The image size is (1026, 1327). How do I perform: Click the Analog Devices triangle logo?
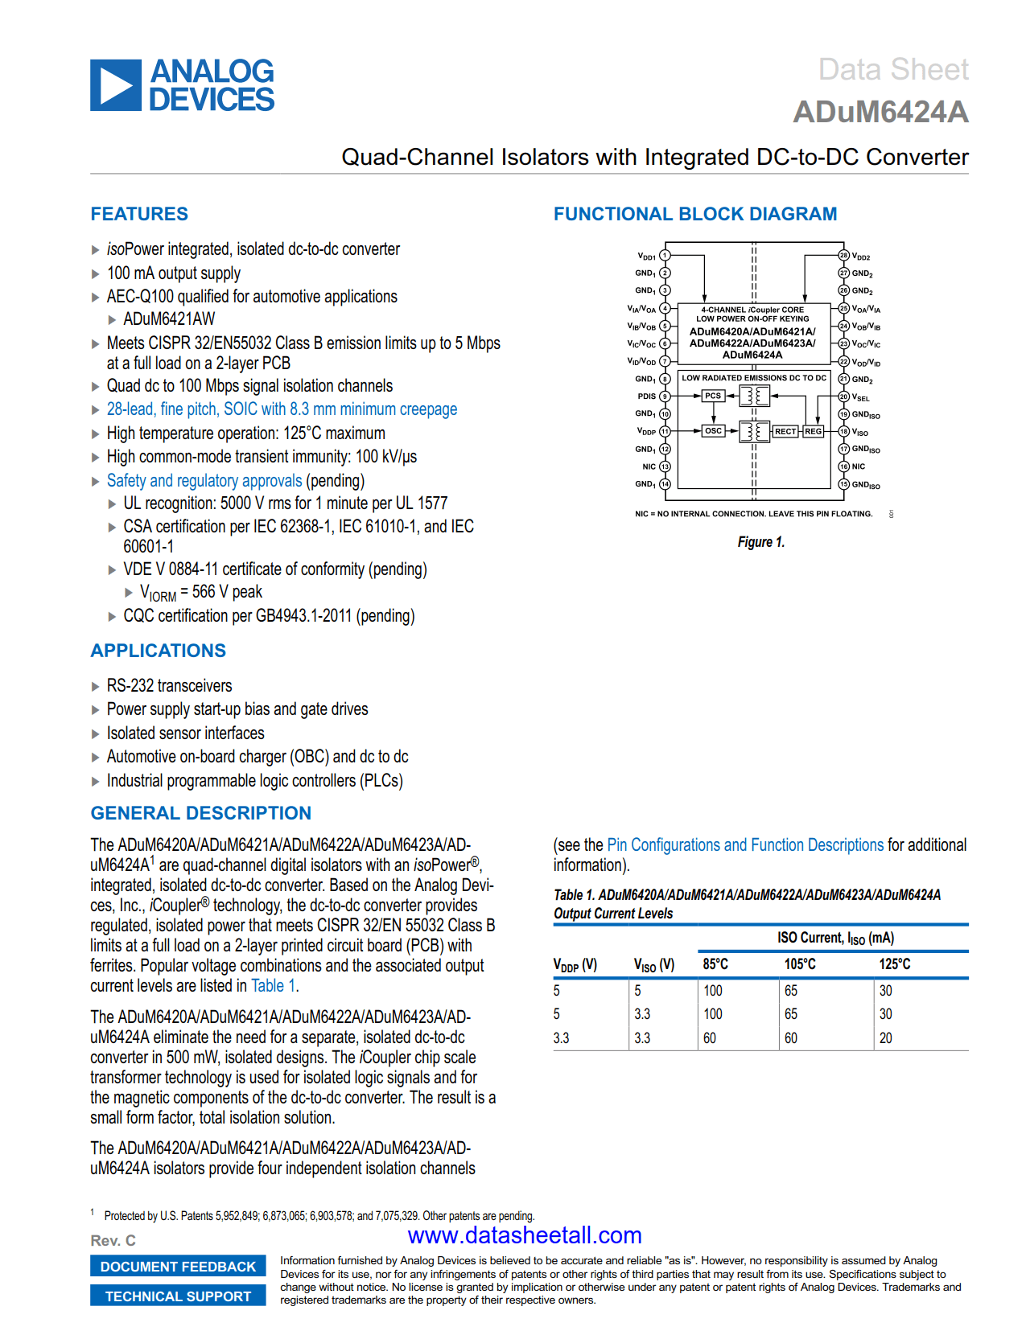[116, 85]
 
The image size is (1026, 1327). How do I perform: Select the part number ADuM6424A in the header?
[880, 112]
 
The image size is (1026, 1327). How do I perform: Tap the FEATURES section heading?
[139, 214]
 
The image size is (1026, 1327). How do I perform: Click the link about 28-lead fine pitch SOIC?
[282, 409]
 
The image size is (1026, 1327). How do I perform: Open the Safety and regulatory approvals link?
[204, 481]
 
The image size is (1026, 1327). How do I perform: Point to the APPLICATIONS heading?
[158, 651]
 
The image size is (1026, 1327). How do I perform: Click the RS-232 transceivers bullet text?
[169, 686]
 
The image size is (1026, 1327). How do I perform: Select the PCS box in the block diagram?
[713, 396]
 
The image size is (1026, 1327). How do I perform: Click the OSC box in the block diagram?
[713, 431]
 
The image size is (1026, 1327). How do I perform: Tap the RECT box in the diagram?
[785, 432]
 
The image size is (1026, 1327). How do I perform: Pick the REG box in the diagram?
[814, 432]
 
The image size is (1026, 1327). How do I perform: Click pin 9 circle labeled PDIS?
[665, 396]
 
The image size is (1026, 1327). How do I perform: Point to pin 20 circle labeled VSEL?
[844, 396]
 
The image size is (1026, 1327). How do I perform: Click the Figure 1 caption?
[760, 542]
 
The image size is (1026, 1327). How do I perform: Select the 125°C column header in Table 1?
[894, 964]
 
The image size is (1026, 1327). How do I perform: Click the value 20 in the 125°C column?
[885, 1038]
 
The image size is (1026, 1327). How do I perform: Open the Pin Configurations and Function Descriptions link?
[745, 845]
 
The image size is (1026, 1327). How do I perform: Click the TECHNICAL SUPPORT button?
[178, 1296]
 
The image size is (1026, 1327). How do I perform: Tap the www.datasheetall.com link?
[525, 1235]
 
